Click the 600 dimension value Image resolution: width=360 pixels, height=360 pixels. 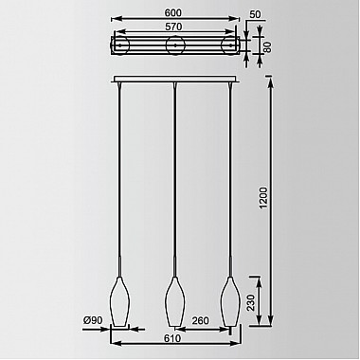[173, 13]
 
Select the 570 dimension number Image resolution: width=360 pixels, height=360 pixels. [173, 27]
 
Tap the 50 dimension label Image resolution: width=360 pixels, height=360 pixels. [255, 15]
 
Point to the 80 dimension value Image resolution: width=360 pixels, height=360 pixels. [267, 47]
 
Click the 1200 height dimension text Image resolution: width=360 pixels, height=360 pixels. [263, 198]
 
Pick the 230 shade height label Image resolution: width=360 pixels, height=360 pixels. [251, 302]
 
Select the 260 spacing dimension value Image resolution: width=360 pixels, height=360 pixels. [200, 320]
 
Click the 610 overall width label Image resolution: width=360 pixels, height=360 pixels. [172, 338]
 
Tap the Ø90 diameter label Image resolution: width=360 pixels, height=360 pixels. [93, 320]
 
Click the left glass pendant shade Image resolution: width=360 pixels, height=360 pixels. [119, 301]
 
